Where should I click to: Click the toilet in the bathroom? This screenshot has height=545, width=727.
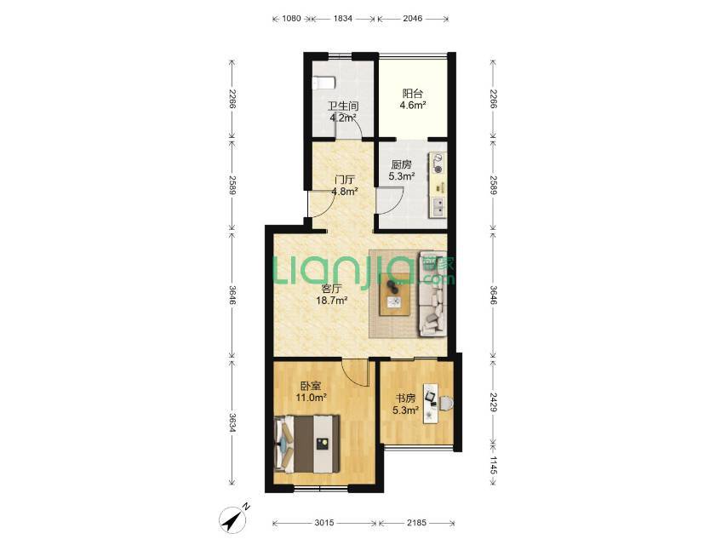click(x=324, y=83)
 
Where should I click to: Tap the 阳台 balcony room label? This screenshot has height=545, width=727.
click(x=413, y=94)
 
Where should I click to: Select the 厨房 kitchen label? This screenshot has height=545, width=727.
click(x=401, y=164)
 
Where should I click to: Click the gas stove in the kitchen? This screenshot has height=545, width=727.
click(x=438, y=163)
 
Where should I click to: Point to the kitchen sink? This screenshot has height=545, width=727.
click(x=438, y=207)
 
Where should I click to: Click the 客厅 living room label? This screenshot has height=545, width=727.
click(x=331, y=289)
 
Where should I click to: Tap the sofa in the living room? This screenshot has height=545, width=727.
click(x=433, y=294)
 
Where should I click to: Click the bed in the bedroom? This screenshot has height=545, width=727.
click(x=307, y=444)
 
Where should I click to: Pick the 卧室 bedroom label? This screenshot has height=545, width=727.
click(x=311, y=386)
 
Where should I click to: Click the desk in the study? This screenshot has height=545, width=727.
click(x=430, y=403)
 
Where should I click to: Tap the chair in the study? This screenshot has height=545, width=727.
click(x=446, y=403)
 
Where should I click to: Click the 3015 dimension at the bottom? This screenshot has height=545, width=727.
click(x=324, y=523)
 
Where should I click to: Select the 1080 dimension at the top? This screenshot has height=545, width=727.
click(x=292, y=19)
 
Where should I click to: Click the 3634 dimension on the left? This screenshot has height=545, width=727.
click(x=232, y=422)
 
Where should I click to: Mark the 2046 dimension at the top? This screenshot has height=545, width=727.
click(x=413, y=19)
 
